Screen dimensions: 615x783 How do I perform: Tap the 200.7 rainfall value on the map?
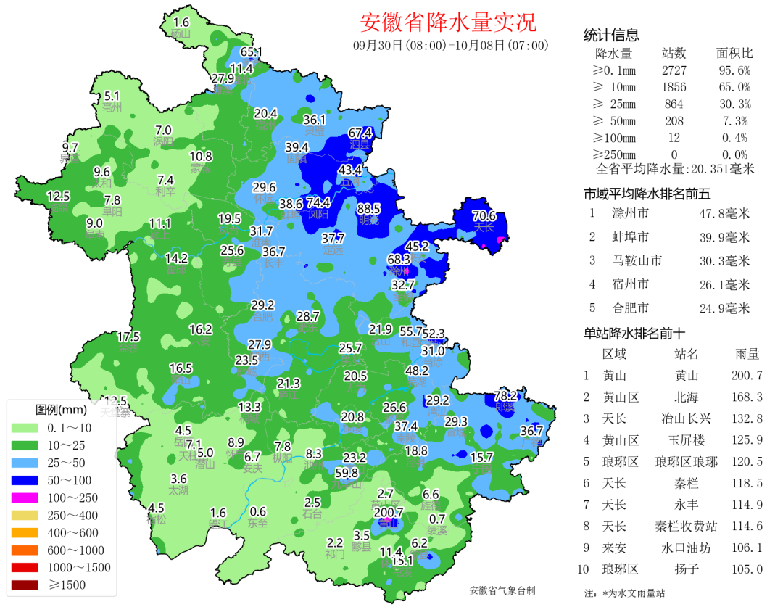[x=388, y=512]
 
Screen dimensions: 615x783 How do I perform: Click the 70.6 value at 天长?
[x=484, y=215]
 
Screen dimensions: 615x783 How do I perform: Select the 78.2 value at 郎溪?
[x=505, y=396]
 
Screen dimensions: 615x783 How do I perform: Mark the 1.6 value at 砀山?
[x=181, y=22]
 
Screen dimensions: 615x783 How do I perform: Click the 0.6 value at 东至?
[x=257, y=511]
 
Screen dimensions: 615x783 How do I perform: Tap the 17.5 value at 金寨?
[x=128, y=337]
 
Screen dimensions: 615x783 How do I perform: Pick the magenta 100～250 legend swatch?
[x=23, y=498]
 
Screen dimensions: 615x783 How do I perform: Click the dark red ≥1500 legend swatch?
[x=23, y=585]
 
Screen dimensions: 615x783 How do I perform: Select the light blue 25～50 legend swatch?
[x=23, y=463]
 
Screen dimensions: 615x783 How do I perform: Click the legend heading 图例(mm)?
[x=61, y=410]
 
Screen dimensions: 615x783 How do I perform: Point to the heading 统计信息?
[x=611, y=36]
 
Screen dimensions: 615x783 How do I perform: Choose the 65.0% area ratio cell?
[x=734, y=87]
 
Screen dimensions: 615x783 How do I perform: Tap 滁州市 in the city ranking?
[x=630, y=214]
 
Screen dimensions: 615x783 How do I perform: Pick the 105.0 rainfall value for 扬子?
[x=747, y=569]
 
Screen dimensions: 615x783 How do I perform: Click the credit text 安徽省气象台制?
[x=502, y=590]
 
